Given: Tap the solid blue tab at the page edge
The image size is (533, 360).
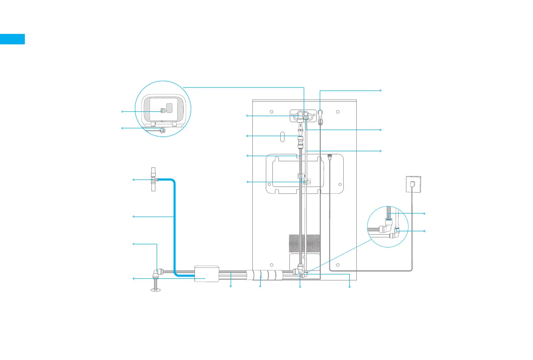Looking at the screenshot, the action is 12,39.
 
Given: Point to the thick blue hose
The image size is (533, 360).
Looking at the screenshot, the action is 174,226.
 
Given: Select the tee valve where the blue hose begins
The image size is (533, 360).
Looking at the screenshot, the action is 153,180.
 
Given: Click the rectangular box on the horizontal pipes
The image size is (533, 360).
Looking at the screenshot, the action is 206,274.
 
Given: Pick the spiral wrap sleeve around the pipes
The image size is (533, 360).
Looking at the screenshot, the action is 264,275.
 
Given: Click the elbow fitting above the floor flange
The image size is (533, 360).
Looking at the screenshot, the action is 156,273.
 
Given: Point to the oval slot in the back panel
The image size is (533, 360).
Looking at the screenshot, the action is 282,136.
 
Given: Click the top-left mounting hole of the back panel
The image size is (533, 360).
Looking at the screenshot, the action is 272,112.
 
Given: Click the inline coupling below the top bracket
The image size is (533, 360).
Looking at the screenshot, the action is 300,141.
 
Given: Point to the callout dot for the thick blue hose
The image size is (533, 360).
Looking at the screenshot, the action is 134,216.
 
